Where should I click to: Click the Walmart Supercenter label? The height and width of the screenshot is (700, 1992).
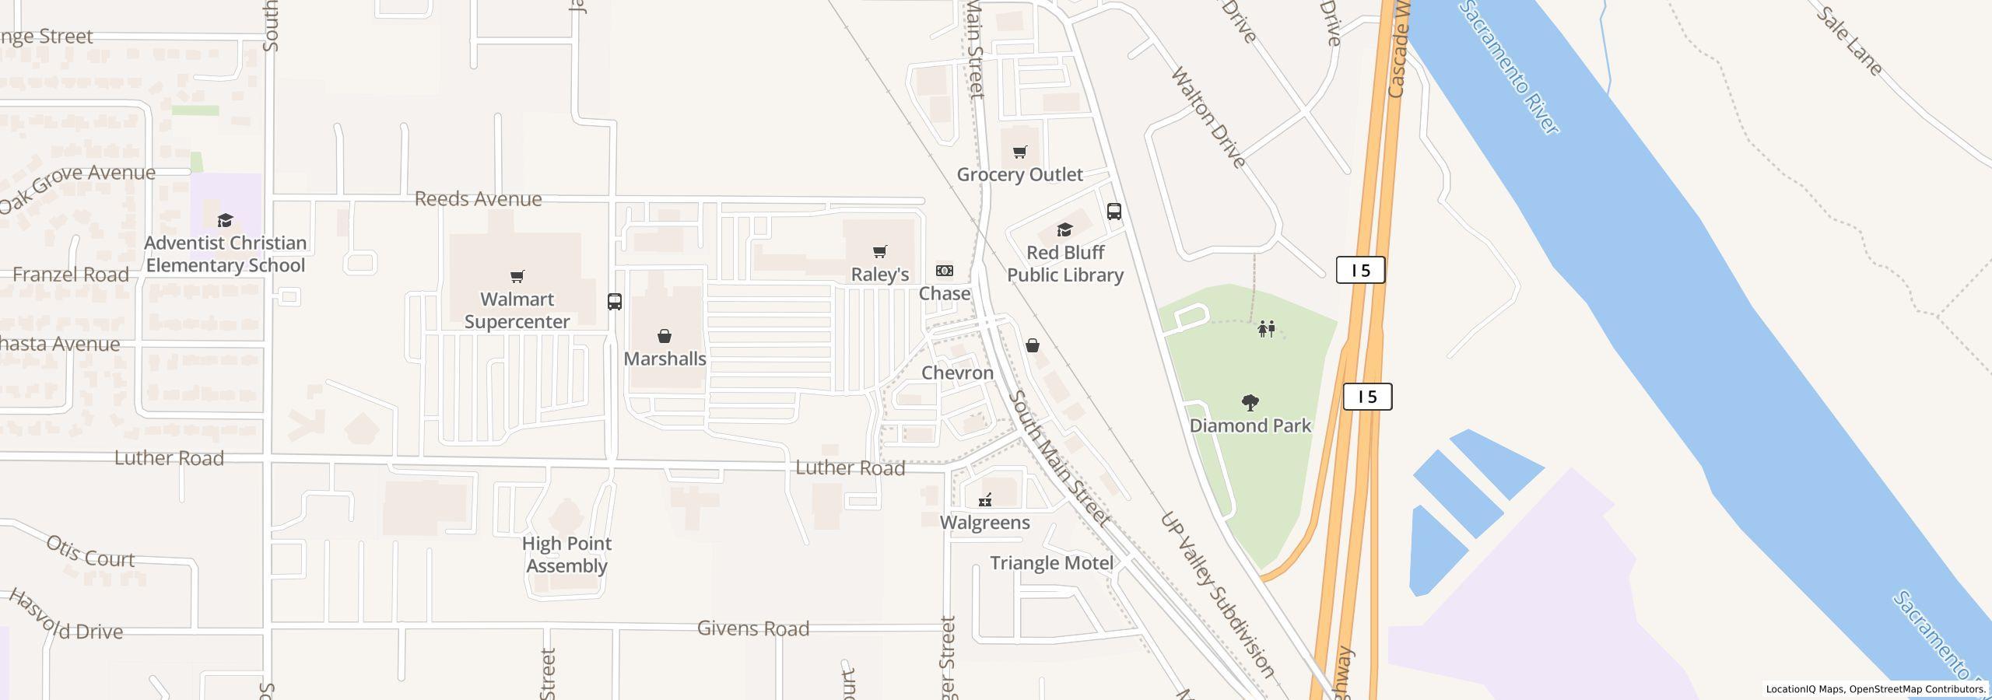[x=517, y=310]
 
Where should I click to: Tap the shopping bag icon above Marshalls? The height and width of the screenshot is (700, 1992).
[x=665, y=336]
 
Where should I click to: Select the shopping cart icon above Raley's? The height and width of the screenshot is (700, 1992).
[x=880, y=251]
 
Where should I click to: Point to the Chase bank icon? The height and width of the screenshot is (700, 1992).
[x=944, y=271]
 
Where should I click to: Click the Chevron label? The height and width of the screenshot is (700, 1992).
[x=957, y=373]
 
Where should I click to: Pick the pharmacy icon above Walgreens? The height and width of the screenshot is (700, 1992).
[x=985, y=500]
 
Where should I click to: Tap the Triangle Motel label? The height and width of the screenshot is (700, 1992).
[x=1051, y=563]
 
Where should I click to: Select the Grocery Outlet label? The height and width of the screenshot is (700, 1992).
[x=1019, y=175]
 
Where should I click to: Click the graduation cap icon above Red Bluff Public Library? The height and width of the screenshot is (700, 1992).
[x=1064, y=229]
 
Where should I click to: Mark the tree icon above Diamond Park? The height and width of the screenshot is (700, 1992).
[x=1250, y=403]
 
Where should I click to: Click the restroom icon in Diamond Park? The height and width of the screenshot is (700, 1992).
[x=1267, y=329]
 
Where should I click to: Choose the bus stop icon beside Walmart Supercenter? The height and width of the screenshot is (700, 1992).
[x=615, y=302]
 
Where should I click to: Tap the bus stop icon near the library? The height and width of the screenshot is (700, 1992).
[x=1114, y=212]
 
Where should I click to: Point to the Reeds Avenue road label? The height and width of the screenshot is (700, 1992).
[x=478, y=199]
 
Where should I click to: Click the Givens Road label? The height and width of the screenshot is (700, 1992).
[x=752, y=628]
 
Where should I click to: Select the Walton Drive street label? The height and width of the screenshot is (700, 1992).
[x=1208, y=118]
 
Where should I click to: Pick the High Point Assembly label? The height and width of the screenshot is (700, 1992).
[x=566, y=555]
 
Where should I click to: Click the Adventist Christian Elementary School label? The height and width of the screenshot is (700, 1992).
[x=226, y=254]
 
